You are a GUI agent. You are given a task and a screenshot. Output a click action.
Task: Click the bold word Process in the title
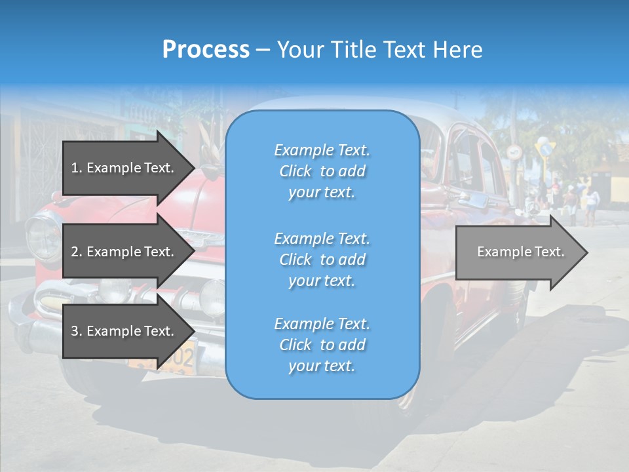pos(206,50)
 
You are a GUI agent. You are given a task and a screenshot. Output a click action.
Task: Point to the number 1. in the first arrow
pos(77,168)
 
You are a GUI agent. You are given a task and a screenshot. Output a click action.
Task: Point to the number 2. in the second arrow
pos(77,252)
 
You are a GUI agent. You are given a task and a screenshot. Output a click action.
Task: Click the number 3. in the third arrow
pos(77,331)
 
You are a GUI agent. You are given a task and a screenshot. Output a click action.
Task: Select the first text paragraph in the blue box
pos(322,171)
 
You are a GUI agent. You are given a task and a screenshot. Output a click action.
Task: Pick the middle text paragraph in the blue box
pos(322,260)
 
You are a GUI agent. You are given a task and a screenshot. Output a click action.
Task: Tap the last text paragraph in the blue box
pos(322,345)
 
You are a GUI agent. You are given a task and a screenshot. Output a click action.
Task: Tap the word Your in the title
pos(299,50)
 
